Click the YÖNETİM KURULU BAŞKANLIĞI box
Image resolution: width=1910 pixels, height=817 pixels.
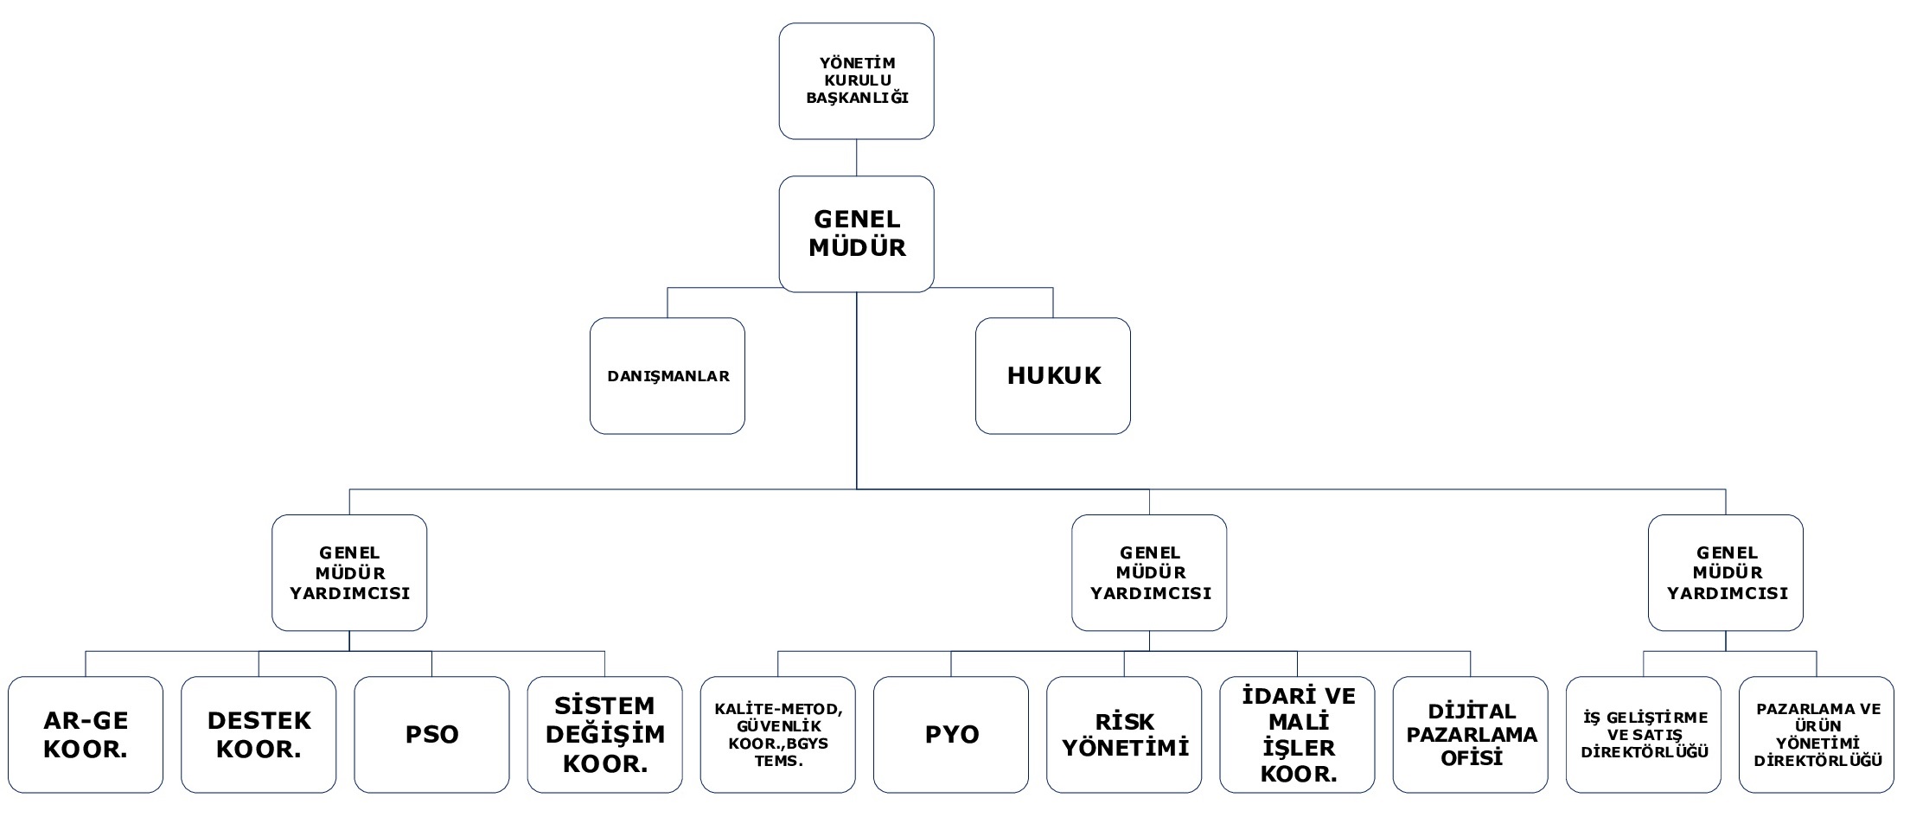coord(856,81)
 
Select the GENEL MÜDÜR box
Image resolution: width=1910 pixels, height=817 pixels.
coord(856,234)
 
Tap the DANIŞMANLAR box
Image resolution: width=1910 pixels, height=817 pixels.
coord(668,376)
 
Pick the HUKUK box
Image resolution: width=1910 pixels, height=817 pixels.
coord(1053,376)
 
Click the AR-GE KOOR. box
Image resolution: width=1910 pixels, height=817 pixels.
coord(86,735)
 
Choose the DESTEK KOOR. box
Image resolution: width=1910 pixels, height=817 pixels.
coord(259,735)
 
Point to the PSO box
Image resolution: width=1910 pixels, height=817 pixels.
coord(431,735)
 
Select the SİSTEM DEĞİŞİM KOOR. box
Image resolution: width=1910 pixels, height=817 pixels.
coord(605,735)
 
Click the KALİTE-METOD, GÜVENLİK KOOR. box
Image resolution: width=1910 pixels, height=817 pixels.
coord(778,735)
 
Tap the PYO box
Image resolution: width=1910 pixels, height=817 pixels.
coord(951,735)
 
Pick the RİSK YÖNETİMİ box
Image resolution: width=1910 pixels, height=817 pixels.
coord(1124,735)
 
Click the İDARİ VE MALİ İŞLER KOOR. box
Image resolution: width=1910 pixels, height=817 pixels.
coord(1298,735)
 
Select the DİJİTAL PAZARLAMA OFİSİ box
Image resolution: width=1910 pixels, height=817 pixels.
coord(1471,735)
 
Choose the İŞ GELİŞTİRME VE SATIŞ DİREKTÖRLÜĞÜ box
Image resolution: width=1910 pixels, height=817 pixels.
coord(1644,735)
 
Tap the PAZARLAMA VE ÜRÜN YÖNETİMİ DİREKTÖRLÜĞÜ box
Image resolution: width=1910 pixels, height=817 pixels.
coord(1817,735)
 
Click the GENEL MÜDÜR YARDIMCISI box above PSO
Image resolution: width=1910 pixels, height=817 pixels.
coord(349,573)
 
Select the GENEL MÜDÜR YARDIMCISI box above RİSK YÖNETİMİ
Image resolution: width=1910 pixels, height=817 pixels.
coord(1149,573)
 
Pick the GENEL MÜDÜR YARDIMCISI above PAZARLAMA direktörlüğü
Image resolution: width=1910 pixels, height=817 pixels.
coord(1726,573)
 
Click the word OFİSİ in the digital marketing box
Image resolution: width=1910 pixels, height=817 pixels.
coord(1472,758)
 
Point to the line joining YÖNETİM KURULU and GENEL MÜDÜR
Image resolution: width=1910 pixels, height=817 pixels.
coord(856,158)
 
